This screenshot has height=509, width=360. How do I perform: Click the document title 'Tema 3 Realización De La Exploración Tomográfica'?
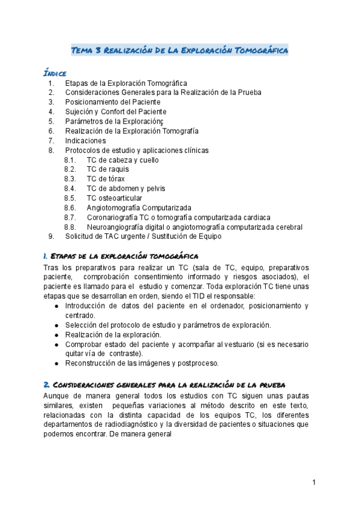click(180, 50)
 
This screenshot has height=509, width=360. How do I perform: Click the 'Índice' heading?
click(55, 73)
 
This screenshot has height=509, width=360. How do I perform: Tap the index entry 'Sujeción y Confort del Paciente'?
click(116, 112)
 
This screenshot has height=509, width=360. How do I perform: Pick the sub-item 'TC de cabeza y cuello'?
click(122, 160)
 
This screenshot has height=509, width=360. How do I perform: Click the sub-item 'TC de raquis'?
click(107, 169)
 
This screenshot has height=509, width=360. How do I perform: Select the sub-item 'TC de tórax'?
click(106, 179)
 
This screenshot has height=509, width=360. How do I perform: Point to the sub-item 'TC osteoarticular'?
click(115, 198)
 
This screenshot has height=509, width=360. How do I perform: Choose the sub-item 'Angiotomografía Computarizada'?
click(139, 208)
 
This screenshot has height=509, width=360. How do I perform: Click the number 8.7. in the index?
click(70, 217)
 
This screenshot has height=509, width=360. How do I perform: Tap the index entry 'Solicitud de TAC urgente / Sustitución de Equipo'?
click(143, 236)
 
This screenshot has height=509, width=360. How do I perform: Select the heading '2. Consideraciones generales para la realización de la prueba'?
click(164, 384)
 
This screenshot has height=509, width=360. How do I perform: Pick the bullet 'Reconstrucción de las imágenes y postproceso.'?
click(142, 363)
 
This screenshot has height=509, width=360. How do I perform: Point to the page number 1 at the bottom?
click(313, 483)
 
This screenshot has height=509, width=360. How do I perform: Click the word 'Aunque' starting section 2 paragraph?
click(57, 396)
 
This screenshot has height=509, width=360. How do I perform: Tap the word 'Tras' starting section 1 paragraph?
click(52, 267)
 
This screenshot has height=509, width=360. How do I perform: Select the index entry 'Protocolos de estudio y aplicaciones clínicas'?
click(137, 150)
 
